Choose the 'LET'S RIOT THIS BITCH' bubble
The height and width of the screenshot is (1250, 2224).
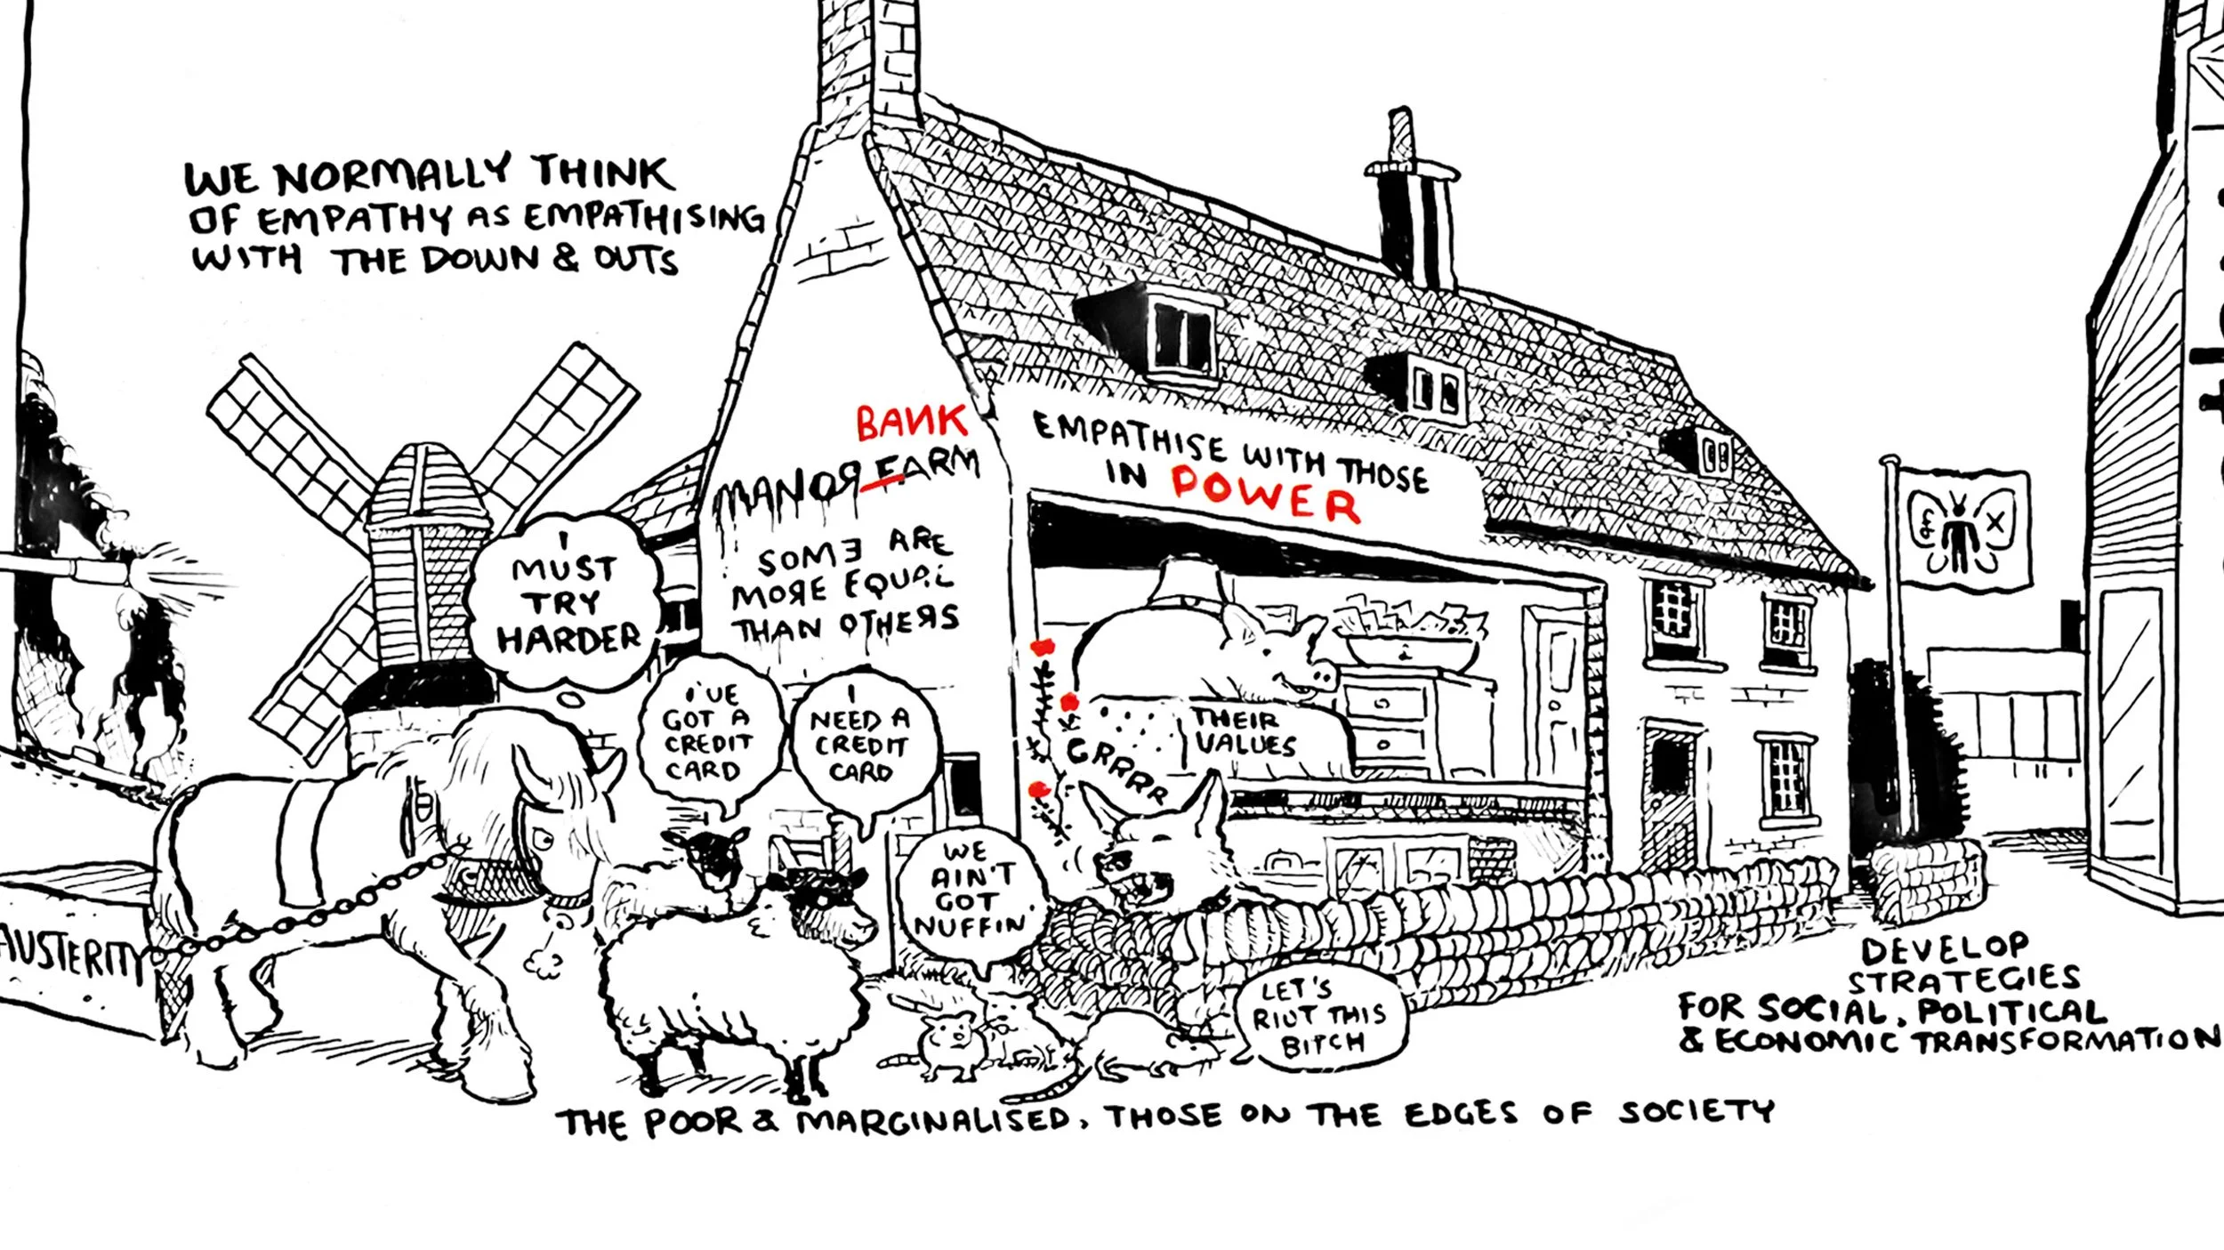1320,1016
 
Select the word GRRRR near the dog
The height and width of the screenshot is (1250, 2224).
1116,770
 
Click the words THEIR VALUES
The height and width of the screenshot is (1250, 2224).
1241,731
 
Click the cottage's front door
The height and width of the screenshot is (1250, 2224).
1555,703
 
